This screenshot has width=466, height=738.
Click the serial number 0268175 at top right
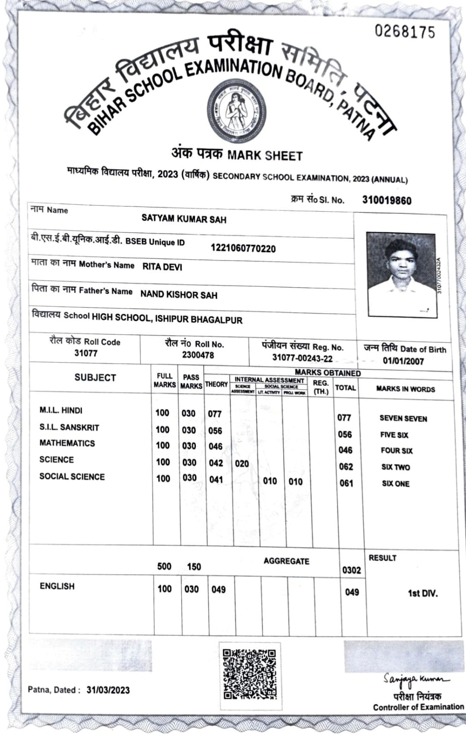click(404, 31)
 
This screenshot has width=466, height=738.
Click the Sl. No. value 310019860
click(386, 200)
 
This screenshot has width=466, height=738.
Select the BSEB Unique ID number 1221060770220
click(243, 249)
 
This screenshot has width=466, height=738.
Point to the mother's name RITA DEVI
click(162, 267)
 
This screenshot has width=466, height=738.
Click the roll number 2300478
click(198, 355)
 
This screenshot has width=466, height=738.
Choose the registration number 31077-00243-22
click(302, 358)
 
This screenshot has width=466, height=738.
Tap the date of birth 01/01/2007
click(403, 361)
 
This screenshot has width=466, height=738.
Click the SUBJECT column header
click(95, 377)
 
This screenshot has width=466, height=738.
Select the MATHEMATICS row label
click(67, 443)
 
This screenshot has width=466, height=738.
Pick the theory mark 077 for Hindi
click(215, 414)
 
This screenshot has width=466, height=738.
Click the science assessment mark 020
click(242, 464)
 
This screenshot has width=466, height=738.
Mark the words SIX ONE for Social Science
click(395, 483)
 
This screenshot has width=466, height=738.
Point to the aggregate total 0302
click(351, 570)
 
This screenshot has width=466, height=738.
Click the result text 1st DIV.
click(422, 593)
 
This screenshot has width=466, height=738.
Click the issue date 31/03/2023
click(108, 690)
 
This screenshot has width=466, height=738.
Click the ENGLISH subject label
click(57, 586)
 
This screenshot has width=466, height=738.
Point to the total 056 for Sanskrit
click(344, 434)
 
